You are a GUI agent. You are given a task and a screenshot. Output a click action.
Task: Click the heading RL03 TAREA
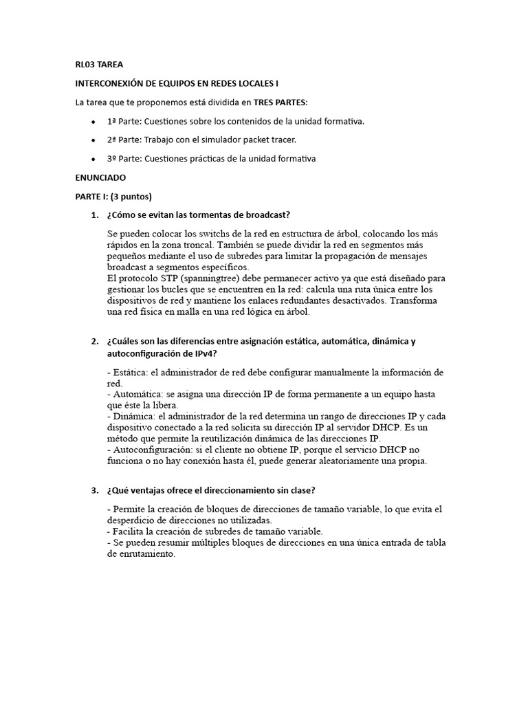point(99,65)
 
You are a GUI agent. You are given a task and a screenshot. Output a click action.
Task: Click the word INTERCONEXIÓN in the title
point(110,83)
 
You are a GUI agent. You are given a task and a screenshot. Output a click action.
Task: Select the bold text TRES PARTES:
point(281,102)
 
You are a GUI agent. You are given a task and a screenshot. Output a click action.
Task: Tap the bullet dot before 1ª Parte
point(93,122)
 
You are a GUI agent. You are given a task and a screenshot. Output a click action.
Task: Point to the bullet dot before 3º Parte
point(93,159)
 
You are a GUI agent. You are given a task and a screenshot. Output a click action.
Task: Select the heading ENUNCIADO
point(100,177)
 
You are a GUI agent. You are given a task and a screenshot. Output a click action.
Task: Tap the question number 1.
point(94,214)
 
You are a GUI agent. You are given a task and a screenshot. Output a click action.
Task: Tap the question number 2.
point(94,342)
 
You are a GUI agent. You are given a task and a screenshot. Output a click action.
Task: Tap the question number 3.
point(94,490)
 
